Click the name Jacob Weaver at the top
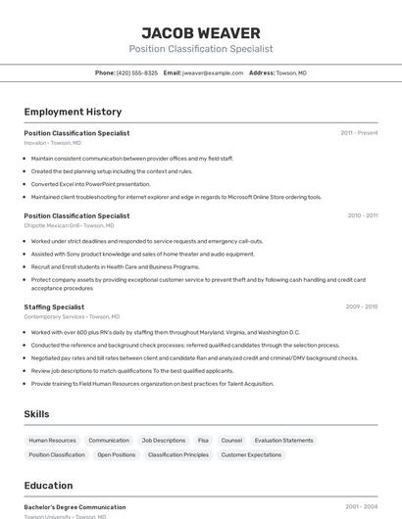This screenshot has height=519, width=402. [x=201, y=32]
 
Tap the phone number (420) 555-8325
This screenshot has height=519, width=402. [x=136, y=72]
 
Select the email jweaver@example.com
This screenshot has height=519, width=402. [x=212, y=72]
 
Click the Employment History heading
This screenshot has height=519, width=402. [x=73, y=112]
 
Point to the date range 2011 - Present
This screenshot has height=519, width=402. [x=359, y=132]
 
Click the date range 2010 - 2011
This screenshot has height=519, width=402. [x=362, y=215]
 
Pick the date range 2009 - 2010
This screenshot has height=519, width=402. [x=362, y=307]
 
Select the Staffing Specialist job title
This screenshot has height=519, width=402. [x=54, y=307]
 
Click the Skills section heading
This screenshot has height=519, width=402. [x=36, y=414]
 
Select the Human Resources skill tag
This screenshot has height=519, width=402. [x=52, y=441]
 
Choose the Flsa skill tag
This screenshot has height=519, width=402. [x=203, y=441]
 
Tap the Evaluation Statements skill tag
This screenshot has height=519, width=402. [x=284, y=441]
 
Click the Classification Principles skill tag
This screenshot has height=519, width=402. [x=178, y=454]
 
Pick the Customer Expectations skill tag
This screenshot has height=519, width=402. [x=251, y=454]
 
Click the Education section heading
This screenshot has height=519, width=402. [x=48, y=485]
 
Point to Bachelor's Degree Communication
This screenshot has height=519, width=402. [x=75, y=507]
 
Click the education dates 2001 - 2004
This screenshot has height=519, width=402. [x=361, y=507]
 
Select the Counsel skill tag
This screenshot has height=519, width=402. [x=231, y=441]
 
